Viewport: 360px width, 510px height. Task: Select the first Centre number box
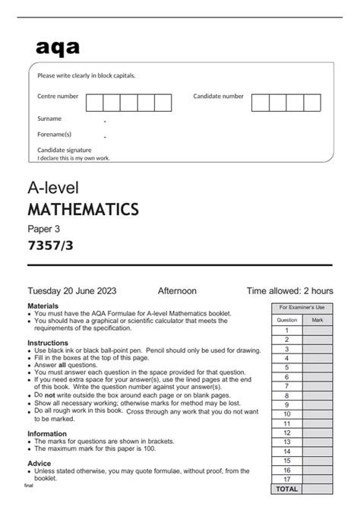[94, 103]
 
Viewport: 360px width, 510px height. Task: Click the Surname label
[49, 119]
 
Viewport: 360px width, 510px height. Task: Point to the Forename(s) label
[54, 134]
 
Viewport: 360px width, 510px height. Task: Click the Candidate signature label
[65, 150]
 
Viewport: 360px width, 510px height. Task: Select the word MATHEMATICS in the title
[83, 208]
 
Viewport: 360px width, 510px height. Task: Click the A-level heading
[53, 187]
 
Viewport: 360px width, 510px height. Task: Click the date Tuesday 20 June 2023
[72, 290]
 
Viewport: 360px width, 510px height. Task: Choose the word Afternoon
[177, 290]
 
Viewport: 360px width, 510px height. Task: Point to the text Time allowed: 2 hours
[289, 290]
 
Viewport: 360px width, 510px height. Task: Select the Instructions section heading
[48, 343]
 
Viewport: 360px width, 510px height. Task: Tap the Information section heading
[47, 434]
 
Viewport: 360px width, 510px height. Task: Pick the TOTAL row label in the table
[287, 489]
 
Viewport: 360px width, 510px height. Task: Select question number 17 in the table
[287, 480]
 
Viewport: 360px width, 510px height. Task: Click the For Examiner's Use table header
[302, 307]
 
